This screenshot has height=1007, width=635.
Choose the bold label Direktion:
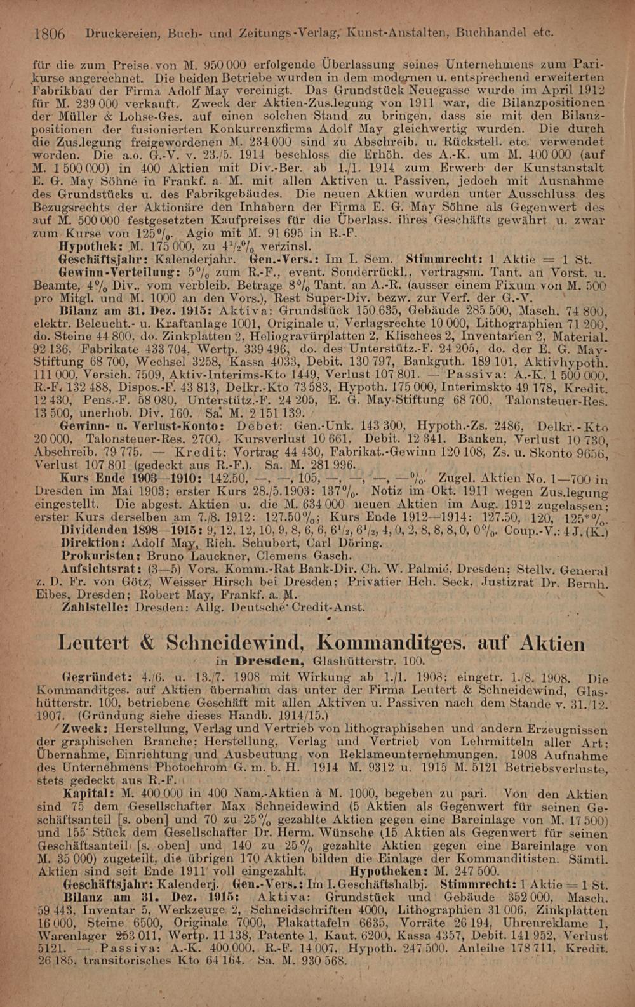(91, 544)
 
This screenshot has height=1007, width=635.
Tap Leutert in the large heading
(96, 643)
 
